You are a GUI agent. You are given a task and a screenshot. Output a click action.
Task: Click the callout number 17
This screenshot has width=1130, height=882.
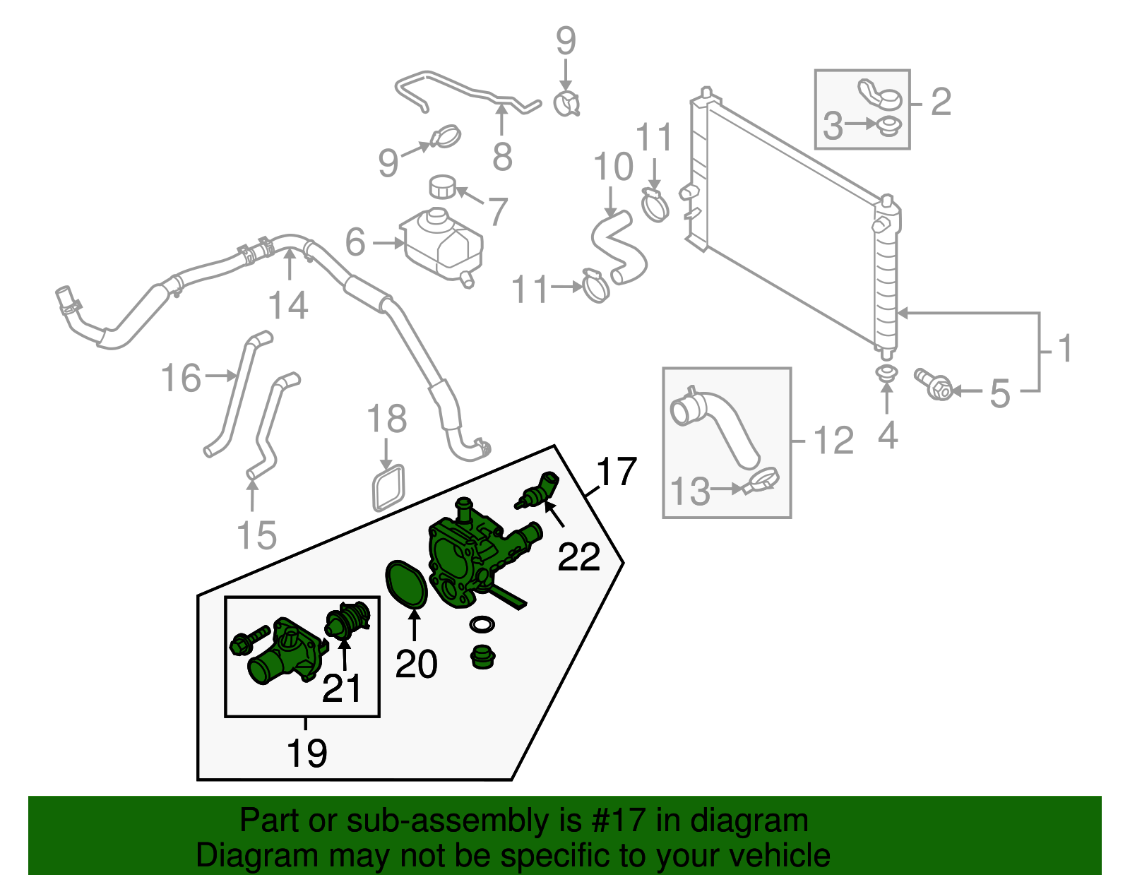click(617, 472)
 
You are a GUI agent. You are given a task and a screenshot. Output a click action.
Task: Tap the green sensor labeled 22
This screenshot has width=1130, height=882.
click(538, 491)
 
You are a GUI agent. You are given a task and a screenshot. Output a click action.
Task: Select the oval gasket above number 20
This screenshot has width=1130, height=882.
click(407, 583)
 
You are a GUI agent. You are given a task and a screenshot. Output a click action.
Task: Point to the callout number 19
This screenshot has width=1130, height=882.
click(307, 753)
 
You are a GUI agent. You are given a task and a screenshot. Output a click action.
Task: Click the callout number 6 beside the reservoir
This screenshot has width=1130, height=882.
click(355, 242)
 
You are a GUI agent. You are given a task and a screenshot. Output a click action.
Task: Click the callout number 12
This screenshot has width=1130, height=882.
click(833, 441)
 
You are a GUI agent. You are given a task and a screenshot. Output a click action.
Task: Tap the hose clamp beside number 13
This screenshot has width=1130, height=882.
click(761, 482)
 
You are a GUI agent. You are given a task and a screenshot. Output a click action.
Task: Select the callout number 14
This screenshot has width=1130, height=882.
click(288, 306)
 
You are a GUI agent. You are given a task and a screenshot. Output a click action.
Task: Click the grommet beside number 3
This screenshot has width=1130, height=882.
click(887, 127)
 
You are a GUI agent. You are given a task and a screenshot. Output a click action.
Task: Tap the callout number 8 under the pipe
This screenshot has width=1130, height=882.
click(502, 157)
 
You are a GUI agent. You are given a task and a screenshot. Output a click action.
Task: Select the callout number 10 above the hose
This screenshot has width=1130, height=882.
click(613, 167)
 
